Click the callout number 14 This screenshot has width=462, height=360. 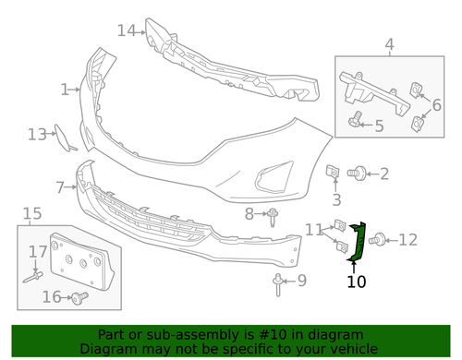pyautogui.click(x=128, y=30)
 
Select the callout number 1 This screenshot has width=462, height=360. pyautogui.click(x=66, y=90)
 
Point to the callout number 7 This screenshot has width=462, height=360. pyautogui.click(x=60, y=187)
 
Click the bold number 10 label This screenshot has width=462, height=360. pyautogui.click(x=357, y=281)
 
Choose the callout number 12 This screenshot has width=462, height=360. pyautogui.click(x=407, y=241)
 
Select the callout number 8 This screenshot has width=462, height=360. pyautogui.click(x=249, y=214)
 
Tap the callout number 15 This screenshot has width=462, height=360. pyautogui.click(x=31, y=214)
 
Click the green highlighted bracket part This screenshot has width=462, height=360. pyautogui.click(x=358, y=243)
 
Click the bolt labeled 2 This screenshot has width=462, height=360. pyautogui.click(x=357, y=173)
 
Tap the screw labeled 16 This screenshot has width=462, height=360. pyautogui.click(x=79, y=297)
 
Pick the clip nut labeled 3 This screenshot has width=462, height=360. pyautogui.click(x=334, y=172)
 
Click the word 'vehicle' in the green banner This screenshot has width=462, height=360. pyautogui.click(x=350, y=349)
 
